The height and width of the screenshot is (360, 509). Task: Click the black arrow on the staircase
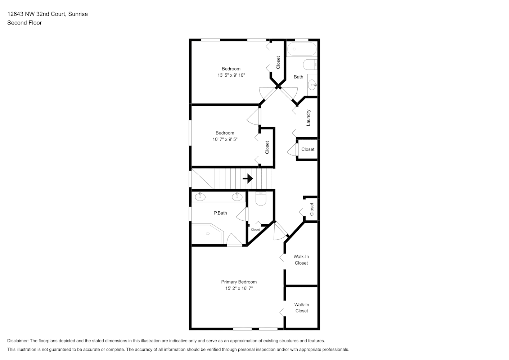248,179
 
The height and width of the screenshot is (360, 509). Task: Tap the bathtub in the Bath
302,49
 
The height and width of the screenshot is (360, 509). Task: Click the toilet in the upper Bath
310,65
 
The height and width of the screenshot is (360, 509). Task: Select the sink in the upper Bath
312,85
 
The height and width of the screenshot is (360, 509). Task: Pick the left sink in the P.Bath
200,197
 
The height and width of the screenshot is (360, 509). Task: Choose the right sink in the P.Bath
237,197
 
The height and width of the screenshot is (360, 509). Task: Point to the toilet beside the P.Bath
261,199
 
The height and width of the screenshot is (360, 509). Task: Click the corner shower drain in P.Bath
208,234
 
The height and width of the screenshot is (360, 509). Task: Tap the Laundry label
308,118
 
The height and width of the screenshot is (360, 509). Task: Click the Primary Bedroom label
239,282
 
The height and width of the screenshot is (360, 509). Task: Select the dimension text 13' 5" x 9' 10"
231,75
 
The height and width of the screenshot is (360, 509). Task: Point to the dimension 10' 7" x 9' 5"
225,139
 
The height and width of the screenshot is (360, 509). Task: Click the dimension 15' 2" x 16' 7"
239,288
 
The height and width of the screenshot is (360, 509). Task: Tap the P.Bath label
220,213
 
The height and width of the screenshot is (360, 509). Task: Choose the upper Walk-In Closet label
301,260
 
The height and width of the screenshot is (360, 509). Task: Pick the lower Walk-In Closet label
302,308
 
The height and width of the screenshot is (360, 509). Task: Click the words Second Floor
24,23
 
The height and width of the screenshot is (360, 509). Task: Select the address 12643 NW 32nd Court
37,14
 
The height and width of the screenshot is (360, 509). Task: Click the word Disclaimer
18,341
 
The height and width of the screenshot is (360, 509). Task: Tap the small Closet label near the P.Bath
256,230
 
